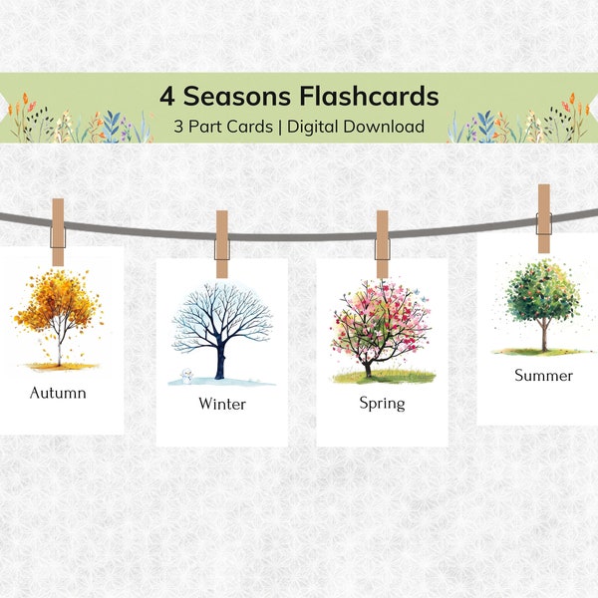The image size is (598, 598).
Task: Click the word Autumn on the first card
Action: (x=58, y=393)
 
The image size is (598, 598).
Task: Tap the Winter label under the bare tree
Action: (x=221, y=404)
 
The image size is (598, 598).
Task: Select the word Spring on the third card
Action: (x=382, y=403)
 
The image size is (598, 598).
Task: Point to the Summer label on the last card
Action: (x=543, y=376)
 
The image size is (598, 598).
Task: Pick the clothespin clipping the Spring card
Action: (x=382, y=244)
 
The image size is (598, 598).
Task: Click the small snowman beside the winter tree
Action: (x=184, y=376)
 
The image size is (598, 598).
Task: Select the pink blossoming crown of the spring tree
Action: (x=382, y=317)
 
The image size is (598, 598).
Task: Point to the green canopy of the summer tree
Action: (x=542, y=293)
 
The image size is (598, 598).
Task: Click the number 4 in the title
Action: (x=167, y=97)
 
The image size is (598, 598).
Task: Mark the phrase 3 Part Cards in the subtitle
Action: (x=219, y=127)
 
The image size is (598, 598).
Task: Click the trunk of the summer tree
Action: (x=543, y=337)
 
